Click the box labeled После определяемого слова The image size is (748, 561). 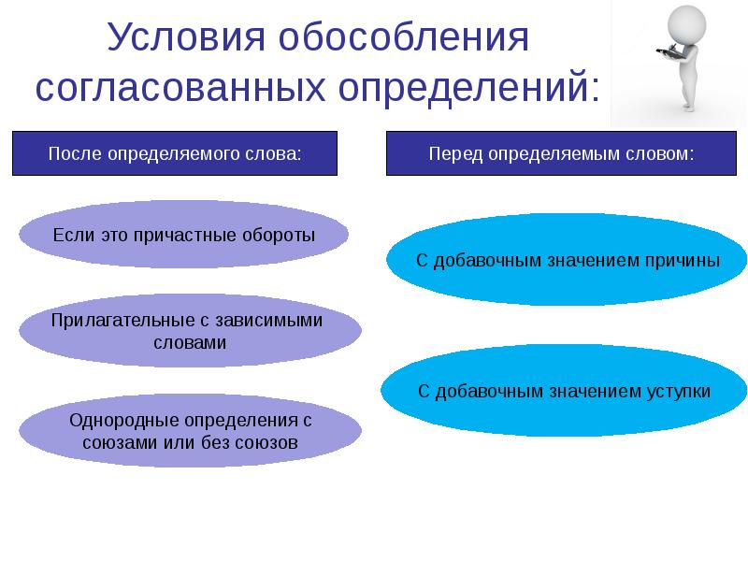tap(174, 153)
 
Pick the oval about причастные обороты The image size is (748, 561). tap(184, 235)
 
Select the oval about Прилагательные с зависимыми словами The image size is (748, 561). tap(190, 330)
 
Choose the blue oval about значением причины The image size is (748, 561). tap(568, 260)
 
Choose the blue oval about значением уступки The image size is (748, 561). tap(564, 391)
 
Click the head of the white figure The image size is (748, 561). tap(685, 21)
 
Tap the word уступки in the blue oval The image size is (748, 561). tap(679, 391)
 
